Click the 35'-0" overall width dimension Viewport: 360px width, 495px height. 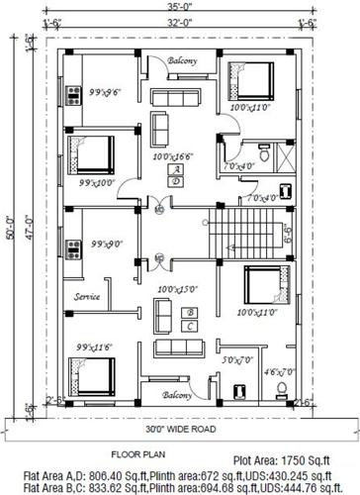[178, 7]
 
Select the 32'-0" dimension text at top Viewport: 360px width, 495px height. [178, 20]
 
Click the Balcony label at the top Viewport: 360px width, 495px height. [181, 61]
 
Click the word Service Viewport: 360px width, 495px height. [86, 296]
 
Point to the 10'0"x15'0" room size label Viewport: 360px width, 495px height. [178, 289]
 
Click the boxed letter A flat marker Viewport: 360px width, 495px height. [174, 170]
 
